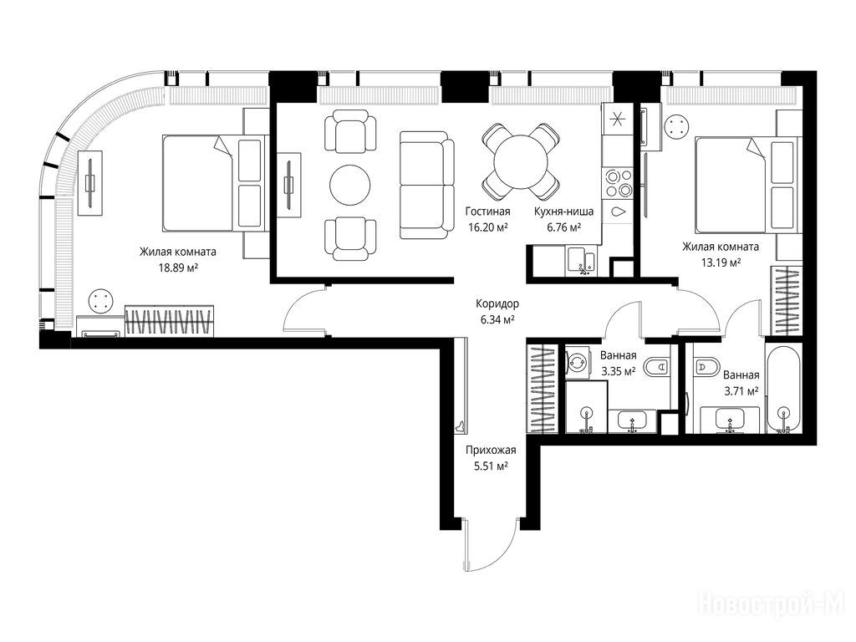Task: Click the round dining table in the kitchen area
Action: point(521,161)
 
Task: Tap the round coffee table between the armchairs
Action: point(350,185)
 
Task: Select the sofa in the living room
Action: point(427,185)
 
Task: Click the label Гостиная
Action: point(488,211)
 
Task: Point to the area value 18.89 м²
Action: point(178,267)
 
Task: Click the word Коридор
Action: point(497,304)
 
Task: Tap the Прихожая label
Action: point(491,451)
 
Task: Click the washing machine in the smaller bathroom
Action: point(578,363)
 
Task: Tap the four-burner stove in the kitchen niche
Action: point(618,183)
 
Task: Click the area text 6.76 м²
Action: point(564,227)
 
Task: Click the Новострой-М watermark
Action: point(772,604)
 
